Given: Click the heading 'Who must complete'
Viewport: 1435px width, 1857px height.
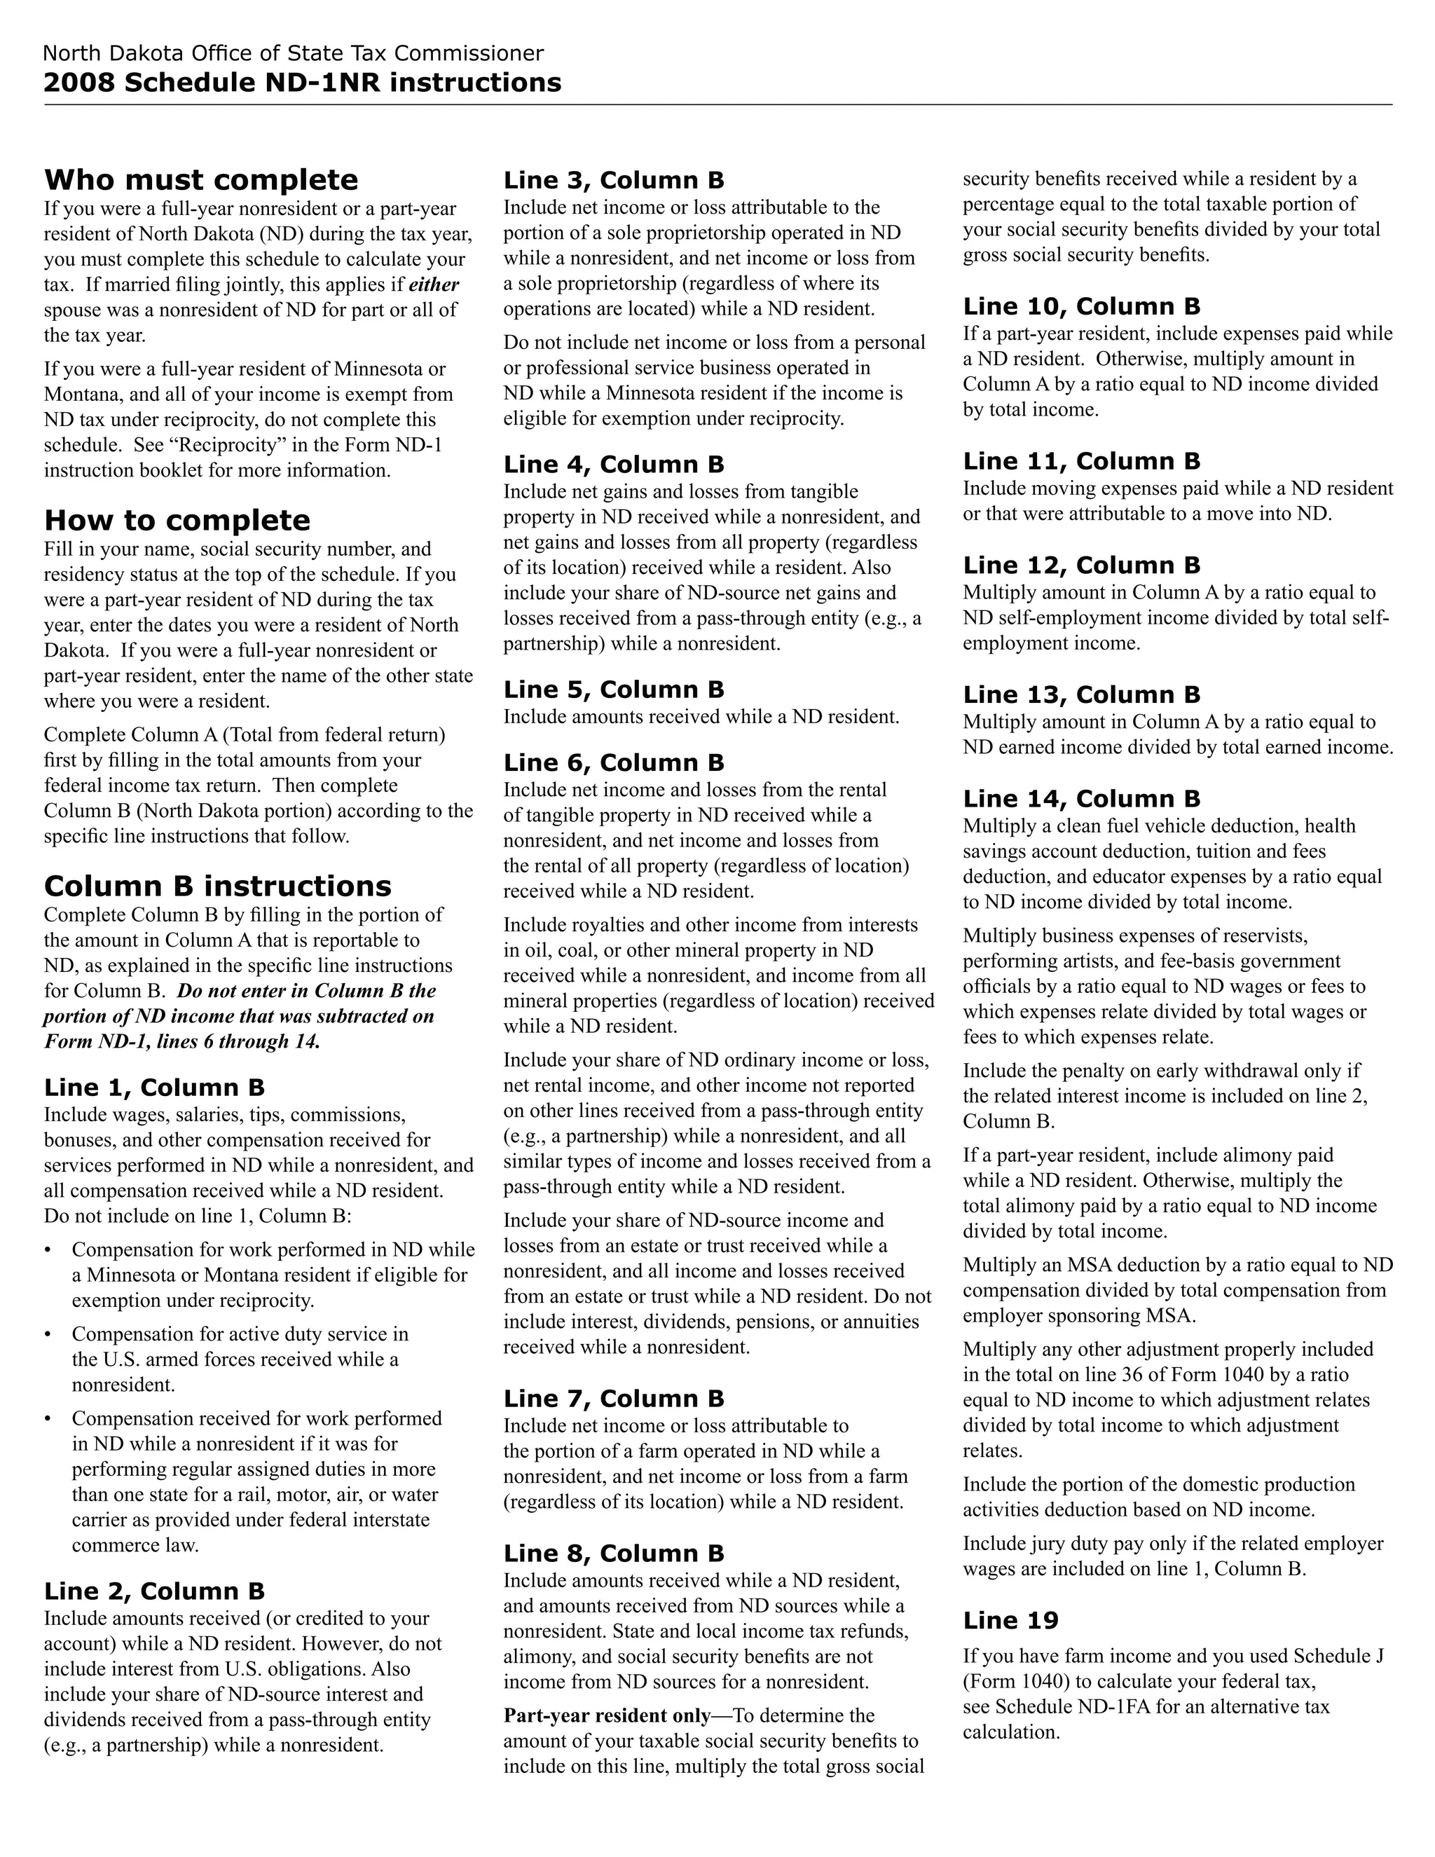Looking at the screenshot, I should click(x=200, y=180).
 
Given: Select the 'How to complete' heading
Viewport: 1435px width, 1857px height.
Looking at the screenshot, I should click(x=177, y=521).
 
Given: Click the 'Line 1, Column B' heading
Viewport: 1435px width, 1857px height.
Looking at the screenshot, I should click(x=154, y=1088).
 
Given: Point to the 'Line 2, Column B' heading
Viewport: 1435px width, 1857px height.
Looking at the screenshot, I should click(x=154, y=1591).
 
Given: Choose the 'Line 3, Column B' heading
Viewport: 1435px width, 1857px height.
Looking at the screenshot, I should click(x=613, y=180).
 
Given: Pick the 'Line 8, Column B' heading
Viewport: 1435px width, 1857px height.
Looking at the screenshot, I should click(x=613, y=1554).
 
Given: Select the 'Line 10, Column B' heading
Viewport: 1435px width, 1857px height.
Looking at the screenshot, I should click(x=1081, y=306).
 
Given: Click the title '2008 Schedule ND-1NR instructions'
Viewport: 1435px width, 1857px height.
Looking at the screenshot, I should click(x=302, y=83).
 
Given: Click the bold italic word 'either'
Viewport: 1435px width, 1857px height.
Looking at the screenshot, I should click(x=434, y=285).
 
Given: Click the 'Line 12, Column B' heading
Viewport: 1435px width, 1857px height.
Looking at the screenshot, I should click(x=1081, y=566).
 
